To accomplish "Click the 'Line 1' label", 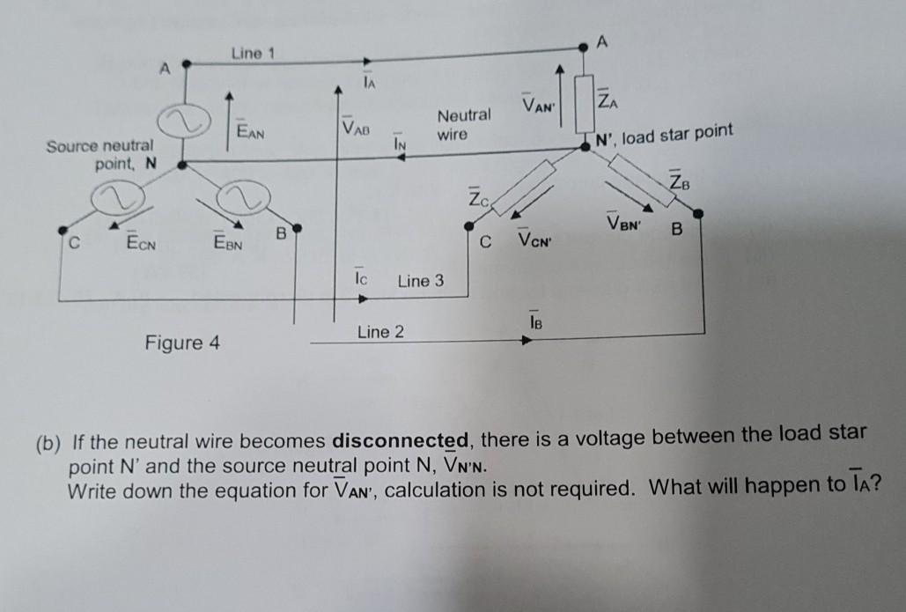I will (253, 54).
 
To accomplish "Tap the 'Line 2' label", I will (380, 332).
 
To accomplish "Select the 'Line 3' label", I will (421, 282).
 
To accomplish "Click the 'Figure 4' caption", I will (182, 342).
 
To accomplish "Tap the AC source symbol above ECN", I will (121, 198).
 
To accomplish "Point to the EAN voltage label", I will (251, 131).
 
